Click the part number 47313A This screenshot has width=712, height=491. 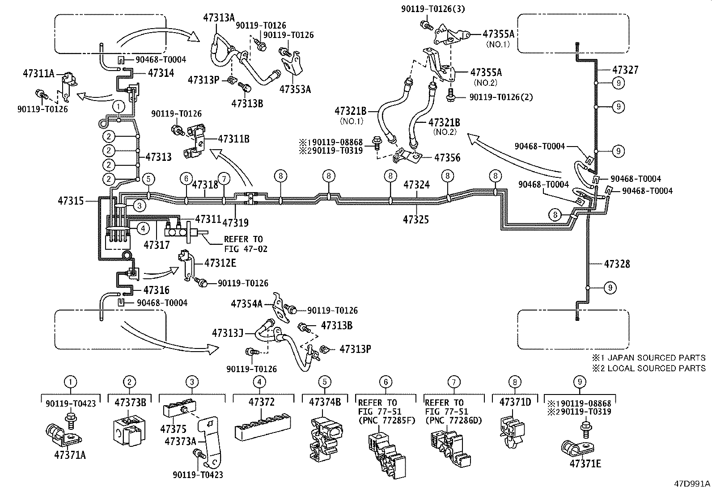(x=219, y=18)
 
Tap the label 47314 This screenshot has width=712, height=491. (x=161, y=73)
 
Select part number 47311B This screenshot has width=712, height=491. (x=233, y=139)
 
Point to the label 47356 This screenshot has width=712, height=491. (x=447, y=158)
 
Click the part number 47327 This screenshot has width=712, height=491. (x=625, y=70)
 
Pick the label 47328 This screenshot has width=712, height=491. (x=617, y=264)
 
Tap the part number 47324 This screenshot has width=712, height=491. (x=417, y=185)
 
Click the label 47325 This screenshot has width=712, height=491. (x=416, y=219)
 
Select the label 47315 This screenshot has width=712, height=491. (x=71, y=201)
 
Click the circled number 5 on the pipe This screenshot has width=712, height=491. (x=148, y=179)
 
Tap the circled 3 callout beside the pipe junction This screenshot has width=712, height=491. (x=140, y=206)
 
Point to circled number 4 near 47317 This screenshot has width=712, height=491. (x=143, y=228)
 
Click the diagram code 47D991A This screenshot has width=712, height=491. (x=692, y=484)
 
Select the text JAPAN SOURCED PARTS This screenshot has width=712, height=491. (x=657, y=358)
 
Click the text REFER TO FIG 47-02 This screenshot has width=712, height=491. (x=246, y=244)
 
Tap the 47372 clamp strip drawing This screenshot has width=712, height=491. (x=263, y=427)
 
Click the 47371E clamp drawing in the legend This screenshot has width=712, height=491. (x=577, y=447)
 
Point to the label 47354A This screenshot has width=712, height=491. (x=247, y=304)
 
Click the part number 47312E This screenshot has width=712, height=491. (x=220, y=263)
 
